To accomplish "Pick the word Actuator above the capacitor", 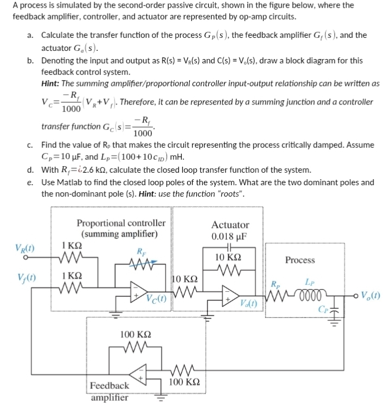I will [230, 224].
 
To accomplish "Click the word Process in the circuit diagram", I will [300, 260].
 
